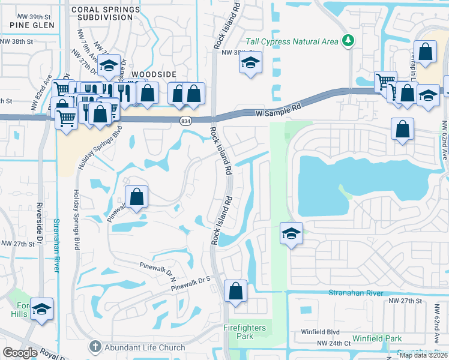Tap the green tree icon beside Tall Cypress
[x=348, y=41]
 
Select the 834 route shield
[x=187, y=121]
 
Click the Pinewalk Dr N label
[x=157, y=269]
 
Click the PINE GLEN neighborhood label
[x=32, y=25]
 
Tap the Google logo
[x=20, y=352]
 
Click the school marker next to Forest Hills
[x=42, y=309]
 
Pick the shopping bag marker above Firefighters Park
[x=236, y=291]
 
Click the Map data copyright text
[x=423, y=355]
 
